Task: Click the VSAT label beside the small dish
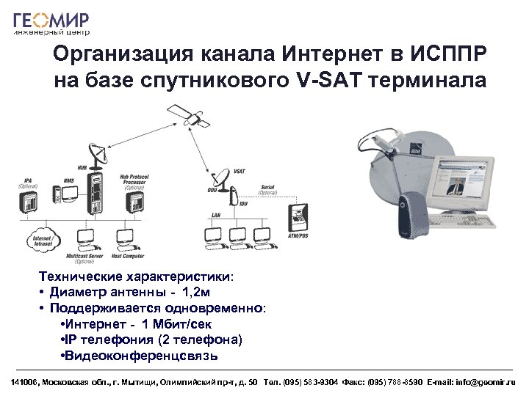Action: (239, 170)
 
